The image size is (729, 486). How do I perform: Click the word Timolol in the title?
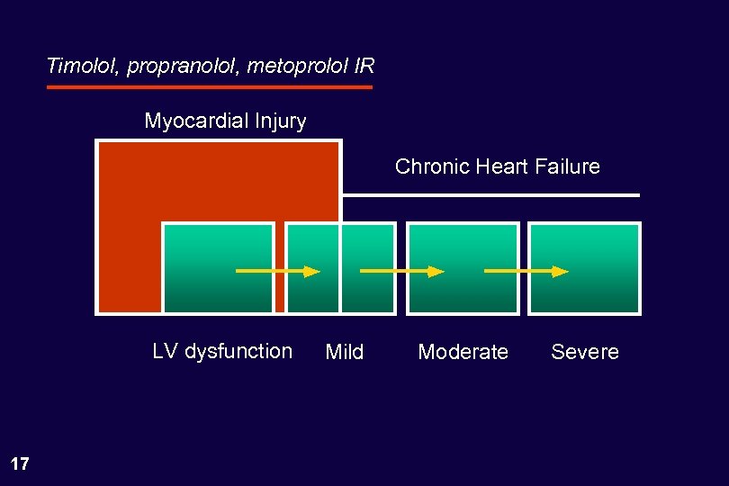pyautogui.click(x=84, y=67)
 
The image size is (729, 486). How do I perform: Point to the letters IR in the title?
pyautogui.click(x=364, y=67)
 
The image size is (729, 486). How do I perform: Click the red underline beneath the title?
pyautogui.click(x=209, y=87)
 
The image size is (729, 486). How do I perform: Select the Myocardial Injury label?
pyautogui.click(x=225, y=121)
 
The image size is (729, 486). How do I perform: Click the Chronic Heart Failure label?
pyautogui.click(x=497, y=166)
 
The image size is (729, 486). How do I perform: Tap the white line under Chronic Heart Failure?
pyautogui.click(x=490, y=194)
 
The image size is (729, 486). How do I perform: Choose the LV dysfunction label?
pyautogui.click(x=222, y=351)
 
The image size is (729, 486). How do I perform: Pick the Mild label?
pyautogui.click(x=344, y=352)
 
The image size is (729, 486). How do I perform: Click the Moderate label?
pyautogui.click(x=463, y=352)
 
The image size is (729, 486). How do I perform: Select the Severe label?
pyautogui.click(x=585, y=352)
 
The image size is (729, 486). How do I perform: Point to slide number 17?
pyautogui.click(x=20, y=464)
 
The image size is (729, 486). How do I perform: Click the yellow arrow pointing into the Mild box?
pyautogui.click(x=277, y=270)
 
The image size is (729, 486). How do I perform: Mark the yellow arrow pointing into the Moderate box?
pyautogui.click(x=401, y=270)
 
